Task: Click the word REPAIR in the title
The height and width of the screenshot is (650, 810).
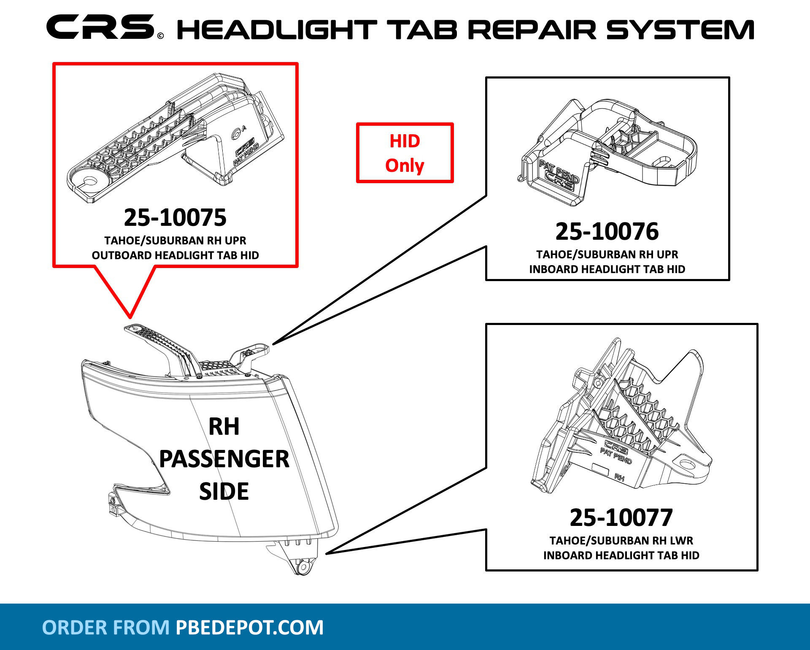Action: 532,30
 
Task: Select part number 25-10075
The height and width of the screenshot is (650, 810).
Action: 175,217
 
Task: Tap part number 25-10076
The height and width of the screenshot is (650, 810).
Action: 607,231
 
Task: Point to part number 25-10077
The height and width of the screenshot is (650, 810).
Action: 621,517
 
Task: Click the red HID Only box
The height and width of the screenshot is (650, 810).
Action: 405,153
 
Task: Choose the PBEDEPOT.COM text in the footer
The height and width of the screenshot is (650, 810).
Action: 249,627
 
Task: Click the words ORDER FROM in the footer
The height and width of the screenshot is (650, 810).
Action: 105,627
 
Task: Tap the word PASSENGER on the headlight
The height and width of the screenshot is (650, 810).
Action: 224,459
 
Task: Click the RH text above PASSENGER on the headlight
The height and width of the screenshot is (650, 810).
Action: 224,427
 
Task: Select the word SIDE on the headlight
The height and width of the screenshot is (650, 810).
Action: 224,491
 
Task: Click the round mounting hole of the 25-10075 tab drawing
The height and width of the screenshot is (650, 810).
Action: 89,181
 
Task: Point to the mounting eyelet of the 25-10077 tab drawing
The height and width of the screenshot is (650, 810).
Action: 687,465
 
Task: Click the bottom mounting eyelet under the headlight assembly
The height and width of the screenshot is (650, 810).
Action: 302,567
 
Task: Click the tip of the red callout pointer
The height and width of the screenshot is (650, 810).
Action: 130,317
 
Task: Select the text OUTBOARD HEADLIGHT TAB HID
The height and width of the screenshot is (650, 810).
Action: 175,255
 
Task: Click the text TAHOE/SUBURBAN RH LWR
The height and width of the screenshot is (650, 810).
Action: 621,541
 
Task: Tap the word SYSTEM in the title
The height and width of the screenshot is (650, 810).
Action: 680,30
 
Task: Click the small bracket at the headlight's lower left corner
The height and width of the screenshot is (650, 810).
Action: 113,504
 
